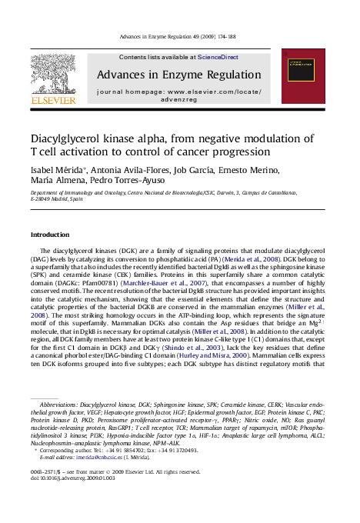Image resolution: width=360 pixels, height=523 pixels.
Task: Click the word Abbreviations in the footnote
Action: [58, 403]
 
